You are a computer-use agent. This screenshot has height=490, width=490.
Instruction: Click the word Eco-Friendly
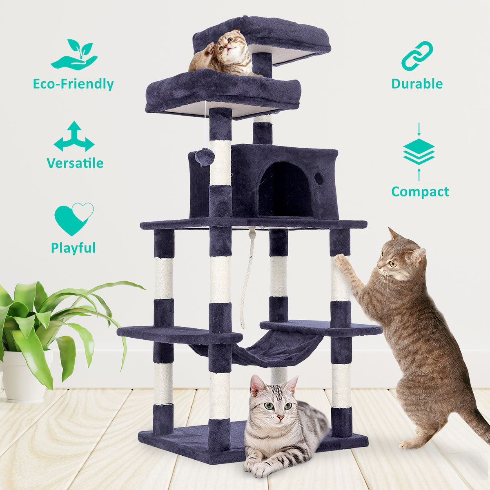73,84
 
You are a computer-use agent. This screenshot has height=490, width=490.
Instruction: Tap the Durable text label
417,84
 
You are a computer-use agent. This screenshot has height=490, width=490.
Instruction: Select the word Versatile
75,163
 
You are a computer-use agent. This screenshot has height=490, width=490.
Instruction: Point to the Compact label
420,192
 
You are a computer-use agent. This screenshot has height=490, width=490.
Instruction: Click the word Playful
73,248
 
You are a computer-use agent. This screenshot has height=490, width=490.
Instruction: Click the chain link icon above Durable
417,56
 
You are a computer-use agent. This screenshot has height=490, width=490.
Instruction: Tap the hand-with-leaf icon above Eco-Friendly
75,55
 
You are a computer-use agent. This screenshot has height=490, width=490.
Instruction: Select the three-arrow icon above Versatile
74,136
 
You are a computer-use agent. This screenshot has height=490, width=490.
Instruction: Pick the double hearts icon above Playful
74,218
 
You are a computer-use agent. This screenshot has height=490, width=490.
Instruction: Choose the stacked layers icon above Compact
419,151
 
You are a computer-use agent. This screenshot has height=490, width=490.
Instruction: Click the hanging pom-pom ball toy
205,156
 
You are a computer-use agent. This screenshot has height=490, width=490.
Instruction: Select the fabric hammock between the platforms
261,349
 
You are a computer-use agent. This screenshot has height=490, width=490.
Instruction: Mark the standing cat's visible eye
392,264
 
